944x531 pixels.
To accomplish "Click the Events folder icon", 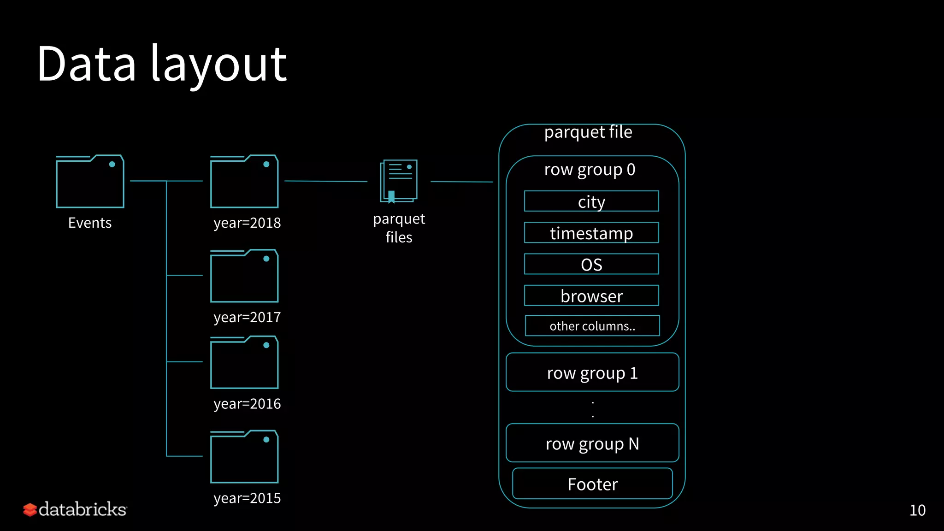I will pos(90,182).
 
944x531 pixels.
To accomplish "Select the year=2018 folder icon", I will pos(244,182).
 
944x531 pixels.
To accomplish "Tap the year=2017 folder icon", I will pos(244,276).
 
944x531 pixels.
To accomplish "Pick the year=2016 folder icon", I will pos(244,363).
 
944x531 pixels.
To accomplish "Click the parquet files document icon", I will pos(399,181).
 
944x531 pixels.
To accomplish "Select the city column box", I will pos(591,201).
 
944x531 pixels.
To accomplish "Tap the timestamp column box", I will pos(591,233).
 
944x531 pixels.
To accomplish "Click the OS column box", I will pos(591,264).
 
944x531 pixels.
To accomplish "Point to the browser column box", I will pos(591,295).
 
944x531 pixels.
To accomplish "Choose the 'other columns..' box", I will pos(592,326).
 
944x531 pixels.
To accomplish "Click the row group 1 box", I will pos(592,372).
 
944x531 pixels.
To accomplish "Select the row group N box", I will pos(592,443).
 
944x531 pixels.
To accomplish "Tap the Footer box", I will pos(592,484).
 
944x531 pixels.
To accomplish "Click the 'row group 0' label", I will pos(590,170).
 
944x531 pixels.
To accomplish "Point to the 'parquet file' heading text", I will pos(588,132).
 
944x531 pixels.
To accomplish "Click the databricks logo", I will pos(75,509).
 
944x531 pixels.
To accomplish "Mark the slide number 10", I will pos(917,510).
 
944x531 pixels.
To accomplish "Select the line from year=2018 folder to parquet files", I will pos(326,181).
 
